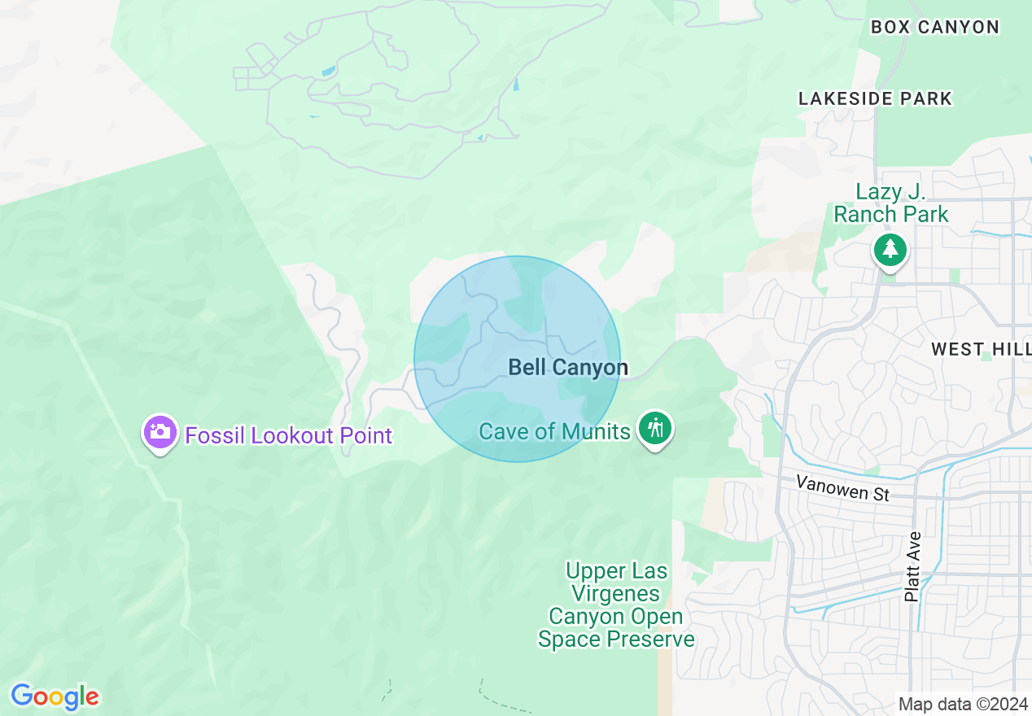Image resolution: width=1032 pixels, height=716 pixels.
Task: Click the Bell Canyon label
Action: click(x=568, y=368)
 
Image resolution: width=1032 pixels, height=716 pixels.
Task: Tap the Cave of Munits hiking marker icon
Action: click(x=654, y=427)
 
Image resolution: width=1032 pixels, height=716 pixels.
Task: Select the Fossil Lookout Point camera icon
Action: click(x=160, y=432)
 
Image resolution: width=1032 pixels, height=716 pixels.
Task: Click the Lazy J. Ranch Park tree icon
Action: click(x=891, y=250)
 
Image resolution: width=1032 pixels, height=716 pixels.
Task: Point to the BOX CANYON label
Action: click(x=935, y=27)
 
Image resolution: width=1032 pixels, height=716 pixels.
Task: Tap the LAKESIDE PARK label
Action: click(x=875, y=98)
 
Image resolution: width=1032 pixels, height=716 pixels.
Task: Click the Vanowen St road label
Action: click(x=842, y=488)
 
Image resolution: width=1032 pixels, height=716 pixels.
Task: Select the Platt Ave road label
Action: click(x=913, y=566)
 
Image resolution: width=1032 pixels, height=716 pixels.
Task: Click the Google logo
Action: click(x=55, y=696)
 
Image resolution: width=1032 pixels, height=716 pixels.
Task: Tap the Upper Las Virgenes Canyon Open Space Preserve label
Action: click(x=616, y=605)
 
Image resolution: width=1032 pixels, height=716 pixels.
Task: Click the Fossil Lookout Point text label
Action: click(x=289, y=436)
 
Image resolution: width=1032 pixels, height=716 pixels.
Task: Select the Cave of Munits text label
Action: click(x=554, y=431)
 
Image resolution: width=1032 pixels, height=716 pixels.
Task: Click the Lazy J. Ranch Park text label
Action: click(x=891, y=203)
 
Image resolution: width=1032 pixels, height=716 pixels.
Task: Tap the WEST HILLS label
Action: click(x=981, y=349)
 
